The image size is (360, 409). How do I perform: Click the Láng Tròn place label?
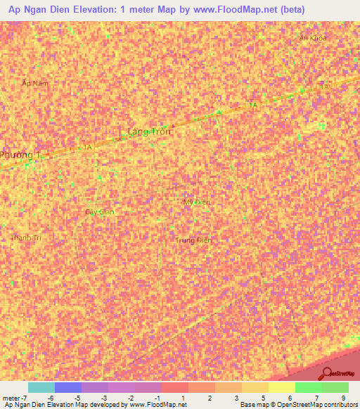(x=150, y=131)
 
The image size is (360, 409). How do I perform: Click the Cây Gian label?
(x=99, y=212)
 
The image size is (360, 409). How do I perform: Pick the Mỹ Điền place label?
(x=197, y=202)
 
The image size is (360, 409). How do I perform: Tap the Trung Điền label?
(x=193, y=240)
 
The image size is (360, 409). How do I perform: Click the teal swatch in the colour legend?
(x=41, y=387)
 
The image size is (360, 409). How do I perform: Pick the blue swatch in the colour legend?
(x=68, y=387)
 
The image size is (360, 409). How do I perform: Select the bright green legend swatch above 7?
(x=308, y=387)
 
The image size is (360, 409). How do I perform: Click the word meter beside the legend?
(x=11, y=398)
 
